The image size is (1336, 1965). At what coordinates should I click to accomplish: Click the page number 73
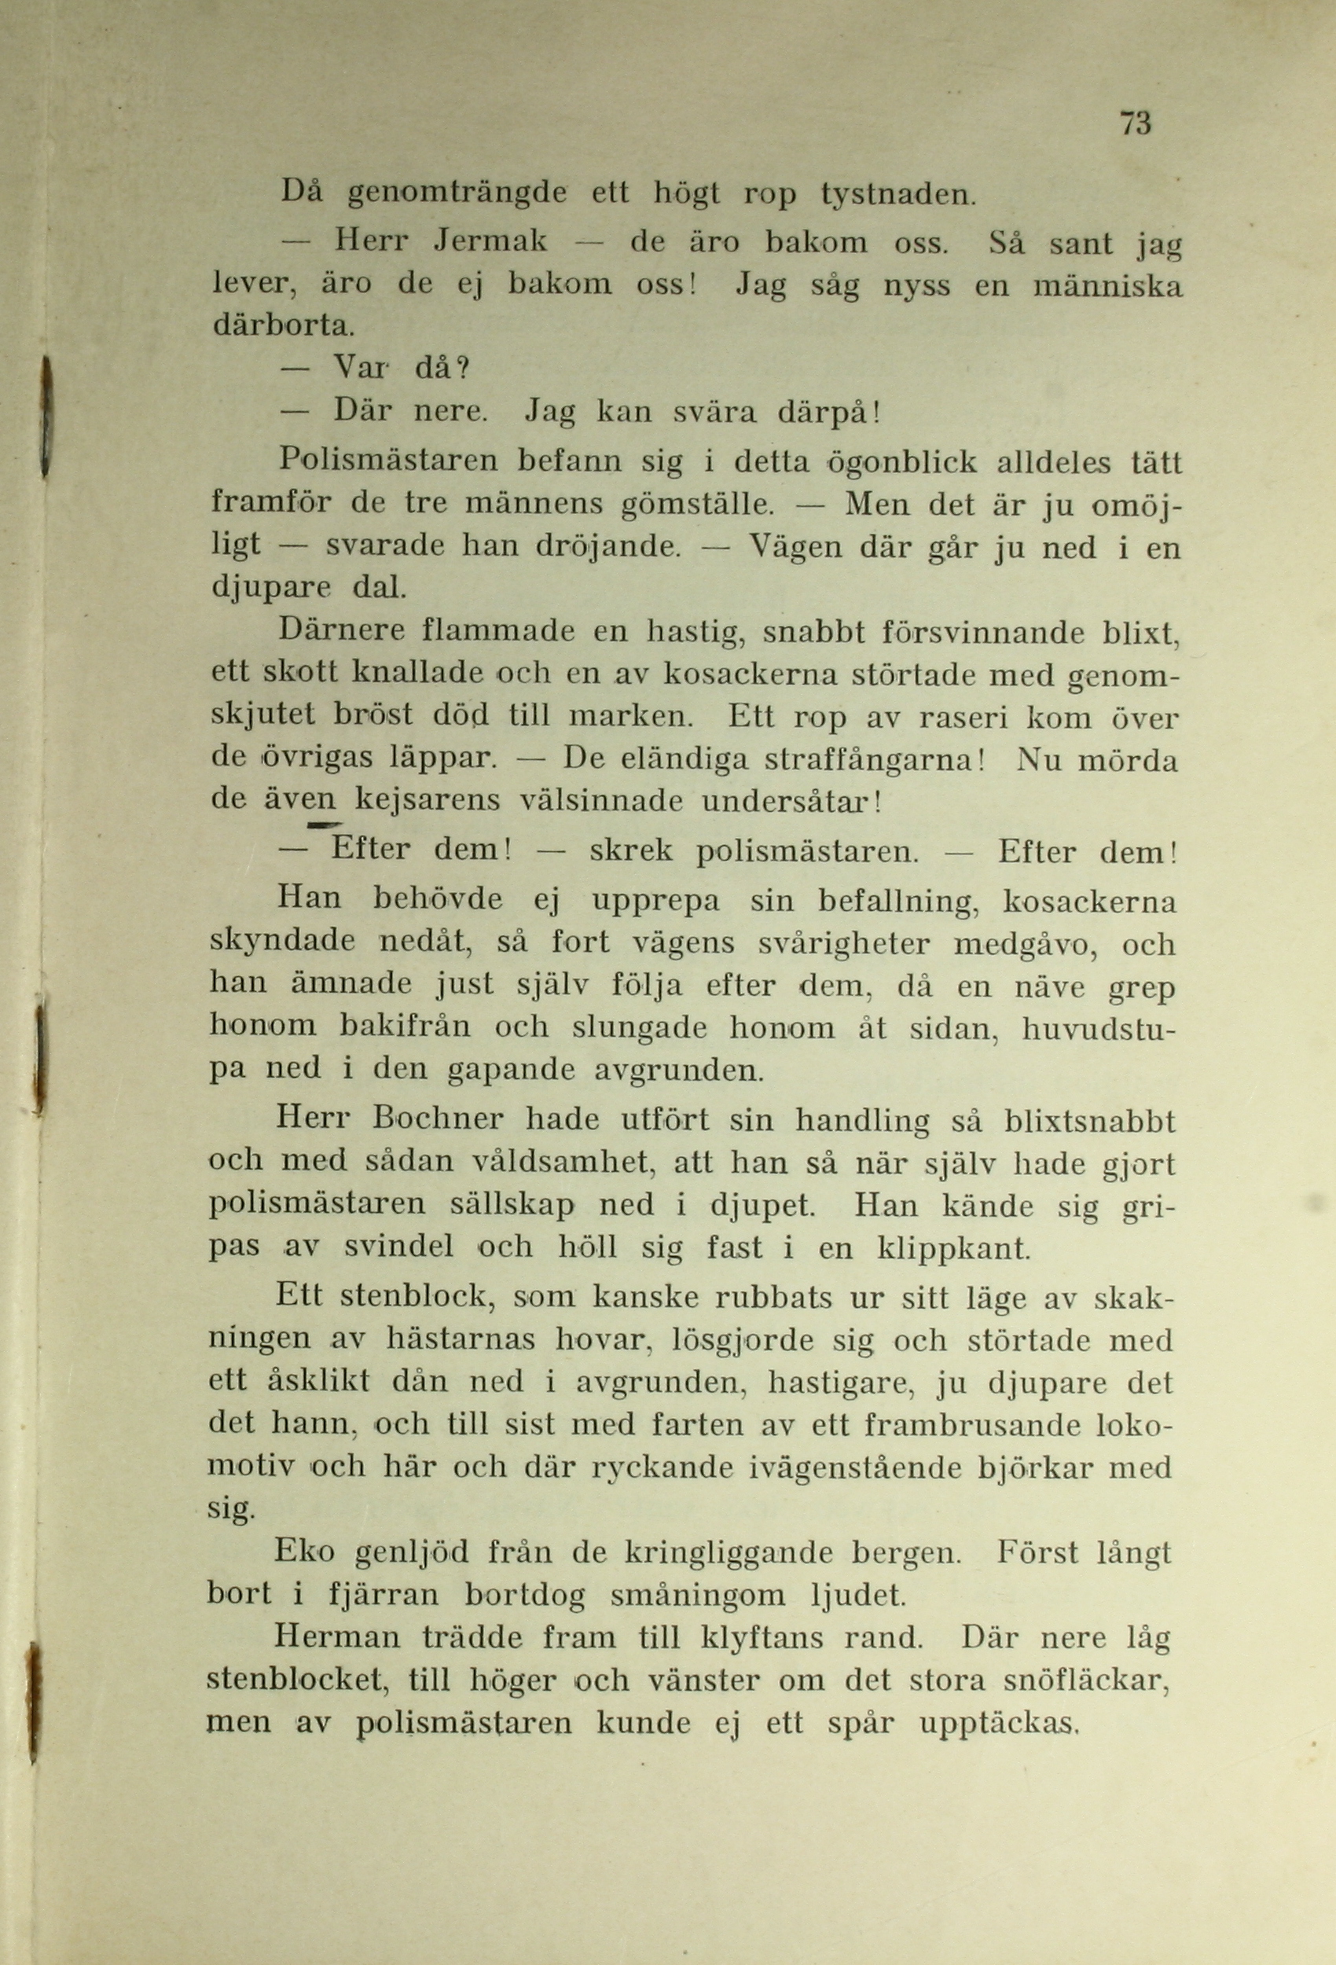1135,123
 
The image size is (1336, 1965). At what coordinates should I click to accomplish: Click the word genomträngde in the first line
457,194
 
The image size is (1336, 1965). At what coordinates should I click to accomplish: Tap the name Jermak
490,242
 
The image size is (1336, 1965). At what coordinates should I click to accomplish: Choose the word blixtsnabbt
1090,1119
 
